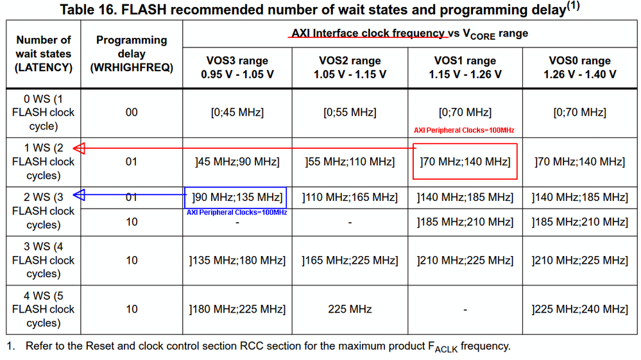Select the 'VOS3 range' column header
[x=237, y=67]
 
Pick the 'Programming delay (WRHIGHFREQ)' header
[x=131, y=54]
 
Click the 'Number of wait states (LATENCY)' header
[x=42, y=54]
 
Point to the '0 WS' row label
[x=42, y=112]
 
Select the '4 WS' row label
[x=42, y=309]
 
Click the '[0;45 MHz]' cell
[x=237, y=112]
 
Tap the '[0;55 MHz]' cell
[x=350, y=112]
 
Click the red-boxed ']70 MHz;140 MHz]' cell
[x=465, y=162]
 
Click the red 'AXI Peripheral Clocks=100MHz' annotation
[x=464, y=131]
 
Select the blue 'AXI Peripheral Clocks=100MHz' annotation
[x=237, y=212]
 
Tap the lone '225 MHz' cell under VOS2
[x=350, y=309]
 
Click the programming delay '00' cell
[x=131, y=112]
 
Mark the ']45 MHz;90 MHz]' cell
[x=237, y=162]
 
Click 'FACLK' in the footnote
[x=442, y=347]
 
